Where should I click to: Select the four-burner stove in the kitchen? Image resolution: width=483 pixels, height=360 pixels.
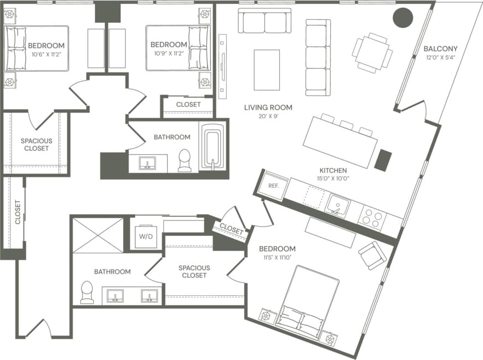pyautogui.click(x=372, y=218)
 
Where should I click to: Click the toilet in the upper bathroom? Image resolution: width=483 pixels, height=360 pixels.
pyautogui.click(x=185, y=160)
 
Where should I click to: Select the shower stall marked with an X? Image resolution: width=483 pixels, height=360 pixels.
pyautogui.click(x=98, y=235)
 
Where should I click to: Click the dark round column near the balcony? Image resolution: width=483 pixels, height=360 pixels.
pyautogui.click(x=403, y=18)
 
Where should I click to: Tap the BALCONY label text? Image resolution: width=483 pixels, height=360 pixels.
pyautogui.click(x=440, y=49)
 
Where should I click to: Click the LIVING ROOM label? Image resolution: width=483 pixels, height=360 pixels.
pyautogui.click(x=268, y=107)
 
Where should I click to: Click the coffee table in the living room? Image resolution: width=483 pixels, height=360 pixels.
pyautogui.click(x=267, y=69)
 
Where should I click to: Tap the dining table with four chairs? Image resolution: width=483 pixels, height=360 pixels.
pyautogui.click(x=372, y=53)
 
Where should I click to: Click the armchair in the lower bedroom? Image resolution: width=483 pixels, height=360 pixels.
pyautogui.click(x=373, y=255)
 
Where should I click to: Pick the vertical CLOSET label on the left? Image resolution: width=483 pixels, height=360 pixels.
pyautogui.click(x=18, y=212)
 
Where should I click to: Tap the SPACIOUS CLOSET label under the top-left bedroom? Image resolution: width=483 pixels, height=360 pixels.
pyautogui.click(x=35, y=144)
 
